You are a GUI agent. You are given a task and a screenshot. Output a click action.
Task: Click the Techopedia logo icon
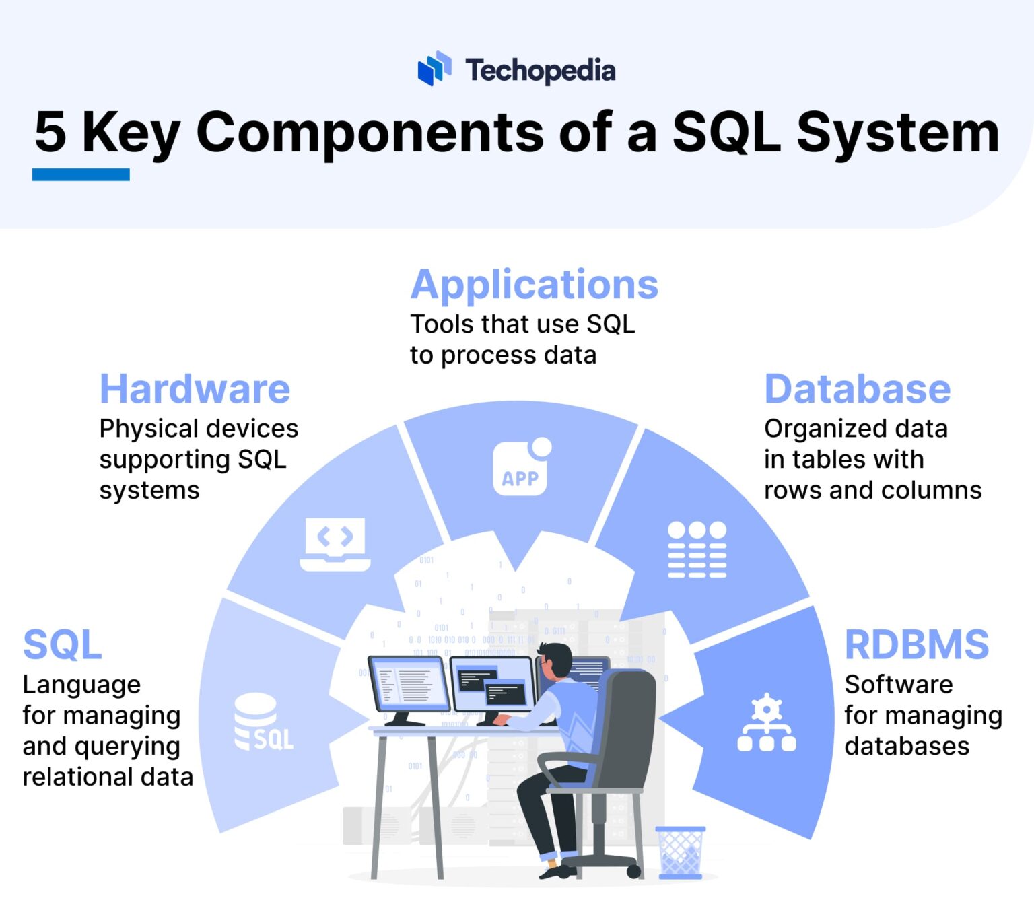coord(434,69)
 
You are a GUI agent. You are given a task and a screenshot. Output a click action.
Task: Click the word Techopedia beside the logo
coord(540,70)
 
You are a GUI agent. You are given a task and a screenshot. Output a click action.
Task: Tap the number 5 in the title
coord(50,133)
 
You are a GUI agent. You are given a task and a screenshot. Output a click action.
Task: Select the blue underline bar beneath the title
coord(81,175)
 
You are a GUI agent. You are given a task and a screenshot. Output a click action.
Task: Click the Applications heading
coord(534,285)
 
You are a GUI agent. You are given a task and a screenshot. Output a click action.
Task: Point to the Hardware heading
coord(195,389)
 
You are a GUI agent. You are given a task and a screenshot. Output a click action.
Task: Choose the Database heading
coord(857,389)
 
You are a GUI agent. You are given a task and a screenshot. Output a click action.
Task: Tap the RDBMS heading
coord(916,645)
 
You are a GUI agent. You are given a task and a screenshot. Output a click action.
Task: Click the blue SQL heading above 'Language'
coord(62,645)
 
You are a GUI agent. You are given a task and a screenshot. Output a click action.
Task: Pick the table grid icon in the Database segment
coord(697,549)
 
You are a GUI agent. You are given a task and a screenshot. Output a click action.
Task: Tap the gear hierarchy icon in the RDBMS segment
coord(766,723)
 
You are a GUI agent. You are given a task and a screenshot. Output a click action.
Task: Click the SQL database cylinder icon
coord(263,723)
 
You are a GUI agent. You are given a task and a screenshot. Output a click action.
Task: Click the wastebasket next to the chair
coord(680,852)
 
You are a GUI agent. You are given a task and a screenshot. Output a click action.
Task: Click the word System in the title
coord(897,133)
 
